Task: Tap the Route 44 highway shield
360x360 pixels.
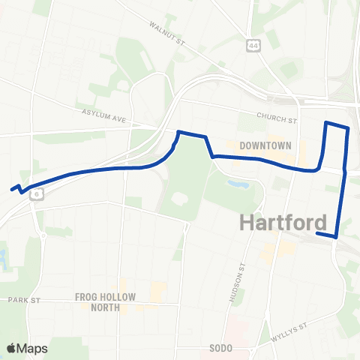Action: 253,46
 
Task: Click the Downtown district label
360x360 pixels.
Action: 265,145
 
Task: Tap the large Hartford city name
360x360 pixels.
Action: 283,222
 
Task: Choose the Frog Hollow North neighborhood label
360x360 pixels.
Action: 105,301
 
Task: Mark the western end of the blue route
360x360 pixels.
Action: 12,190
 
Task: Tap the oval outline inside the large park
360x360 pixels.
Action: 179,200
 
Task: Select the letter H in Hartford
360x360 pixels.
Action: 249,222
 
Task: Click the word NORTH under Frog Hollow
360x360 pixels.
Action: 105,307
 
